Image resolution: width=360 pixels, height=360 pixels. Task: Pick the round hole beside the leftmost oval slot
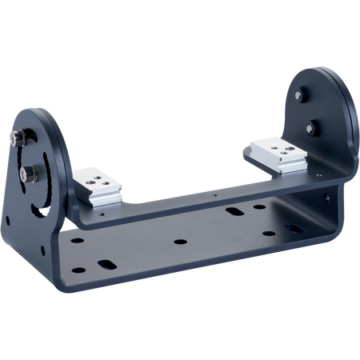tap(78, 240)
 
